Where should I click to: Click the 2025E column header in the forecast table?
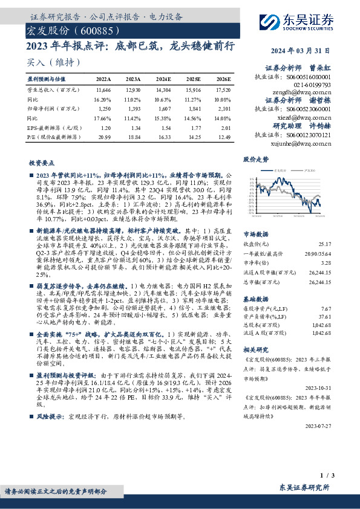(194, 79)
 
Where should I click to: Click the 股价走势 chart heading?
(255, 160)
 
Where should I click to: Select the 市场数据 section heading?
(255, 233)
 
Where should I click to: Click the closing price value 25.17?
(325, 244)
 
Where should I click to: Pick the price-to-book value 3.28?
(326, 263)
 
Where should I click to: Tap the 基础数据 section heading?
(255, 299)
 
